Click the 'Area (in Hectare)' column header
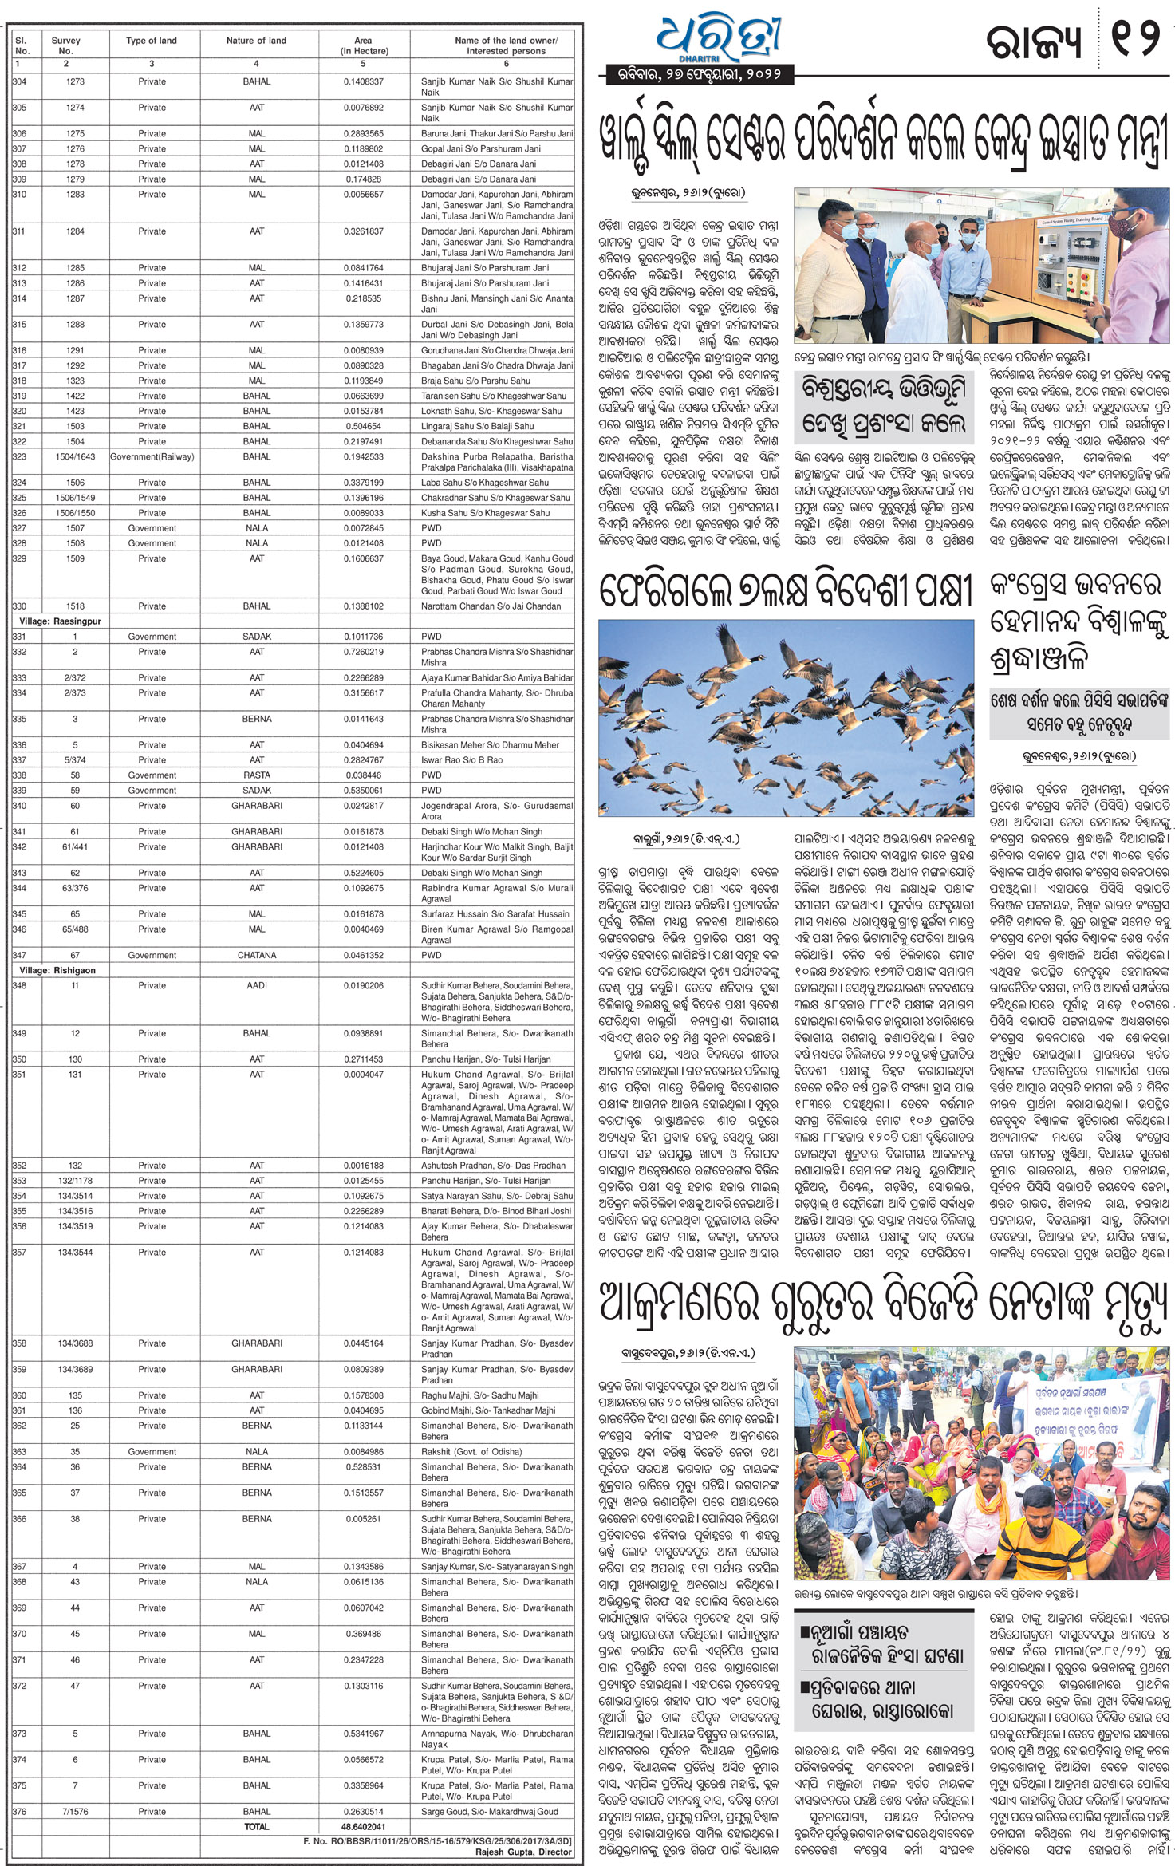363,45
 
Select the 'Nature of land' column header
256,41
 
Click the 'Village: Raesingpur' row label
61,621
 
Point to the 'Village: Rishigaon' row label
57,970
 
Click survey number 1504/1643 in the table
75,456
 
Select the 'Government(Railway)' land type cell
152,456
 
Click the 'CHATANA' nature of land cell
256,955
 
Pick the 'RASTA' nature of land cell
256,775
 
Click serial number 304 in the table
20,81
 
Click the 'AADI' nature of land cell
256,985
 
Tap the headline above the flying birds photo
786,591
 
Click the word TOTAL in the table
256,1826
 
